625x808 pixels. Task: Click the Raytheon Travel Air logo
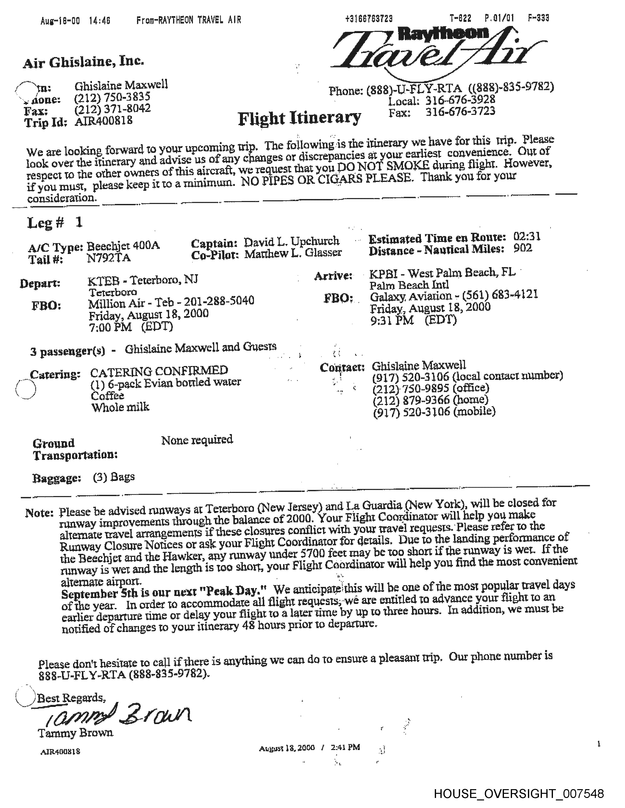(x=437, y=52)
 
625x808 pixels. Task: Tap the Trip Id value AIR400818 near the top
(x=104, y=121)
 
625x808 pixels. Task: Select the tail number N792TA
(x=109, y=258)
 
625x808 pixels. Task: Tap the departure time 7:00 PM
(x=110, y=327)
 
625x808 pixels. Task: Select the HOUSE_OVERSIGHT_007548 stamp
(x=519, y=793)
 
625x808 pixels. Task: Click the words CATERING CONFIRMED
(x=159, y=370)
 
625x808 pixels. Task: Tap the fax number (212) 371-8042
(x=112, y=109)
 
